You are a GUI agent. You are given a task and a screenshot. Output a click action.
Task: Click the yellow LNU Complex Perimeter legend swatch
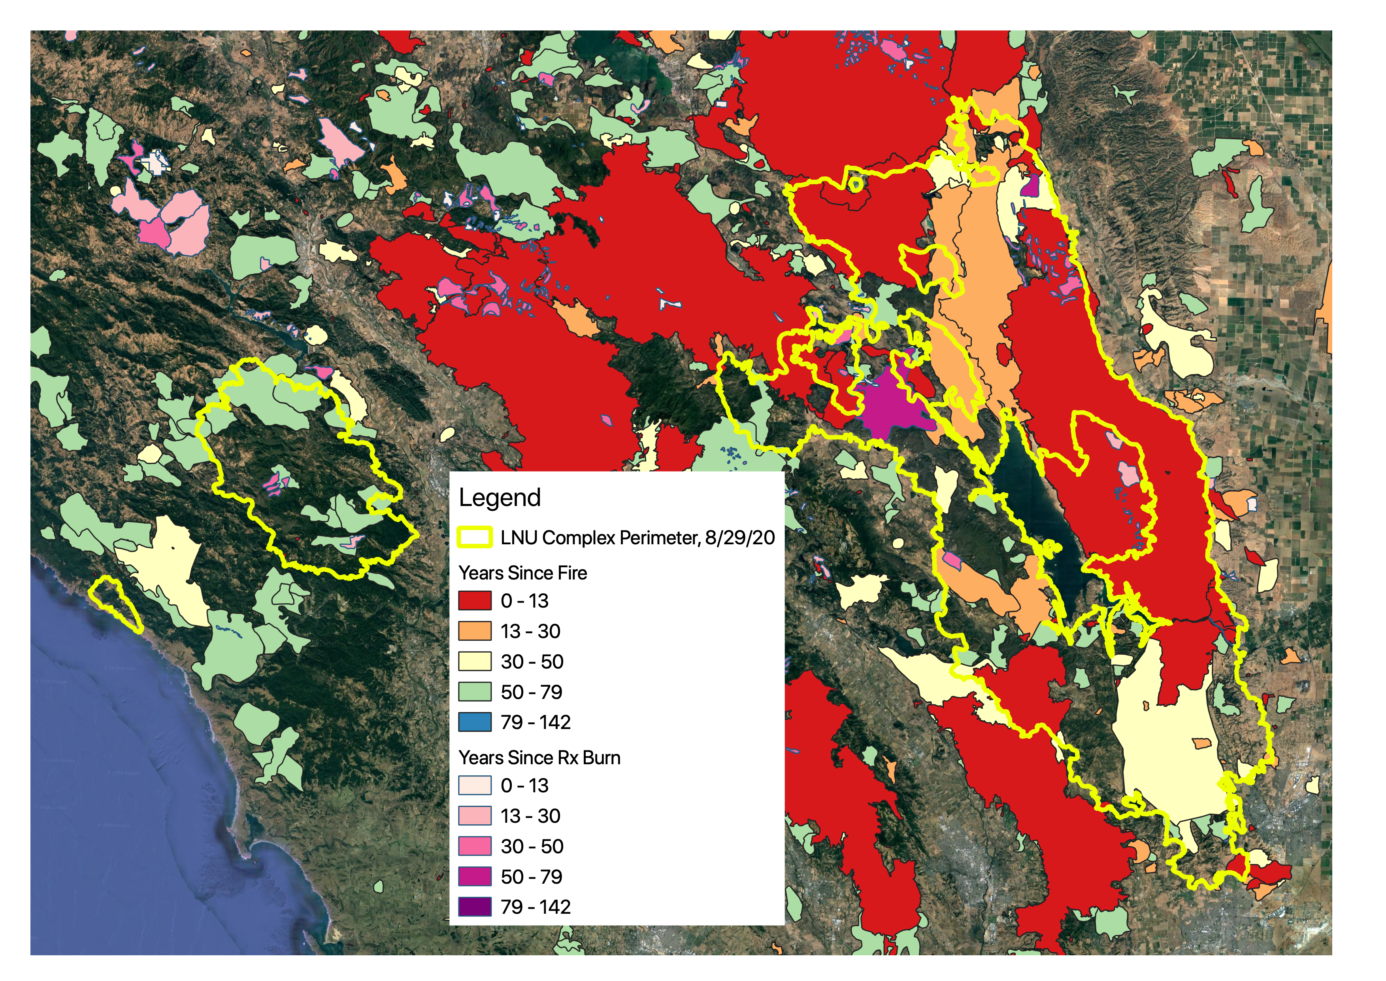(x=475, y=537)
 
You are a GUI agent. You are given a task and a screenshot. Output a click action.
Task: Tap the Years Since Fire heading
(x=523, y=573)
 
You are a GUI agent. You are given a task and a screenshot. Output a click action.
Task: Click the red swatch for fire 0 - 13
(x=475, y=600)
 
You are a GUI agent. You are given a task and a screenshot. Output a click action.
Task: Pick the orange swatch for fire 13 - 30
(x=475, y=631)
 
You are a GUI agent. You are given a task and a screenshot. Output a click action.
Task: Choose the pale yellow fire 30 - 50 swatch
(x=475, y=661)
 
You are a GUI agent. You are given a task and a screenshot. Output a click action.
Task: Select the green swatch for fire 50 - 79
(x=475, y=692)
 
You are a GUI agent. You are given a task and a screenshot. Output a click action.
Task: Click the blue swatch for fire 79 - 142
(x=475, y=722)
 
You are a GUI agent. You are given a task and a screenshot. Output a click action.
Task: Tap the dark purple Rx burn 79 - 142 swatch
(x=475, y=907)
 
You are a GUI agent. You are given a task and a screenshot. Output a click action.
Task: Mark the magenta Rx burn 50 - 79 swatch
(x=475, y=877)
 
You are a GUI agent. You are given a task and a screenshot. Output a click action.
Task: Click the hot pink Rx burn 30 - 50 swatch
(x=475, y=846)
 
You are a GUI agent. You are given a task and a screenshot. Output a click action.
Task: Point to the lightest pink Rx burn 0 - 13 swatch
(x=475, y=785)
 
